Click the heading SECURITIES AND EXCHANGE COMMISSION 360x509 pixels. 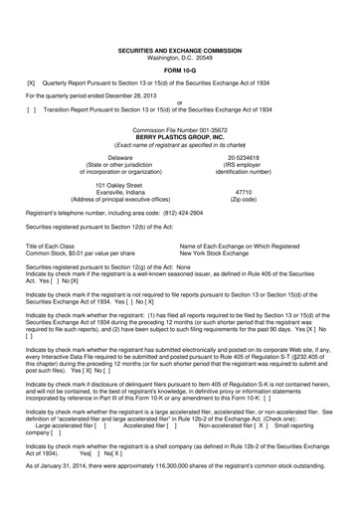click(x=180, y=21)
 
